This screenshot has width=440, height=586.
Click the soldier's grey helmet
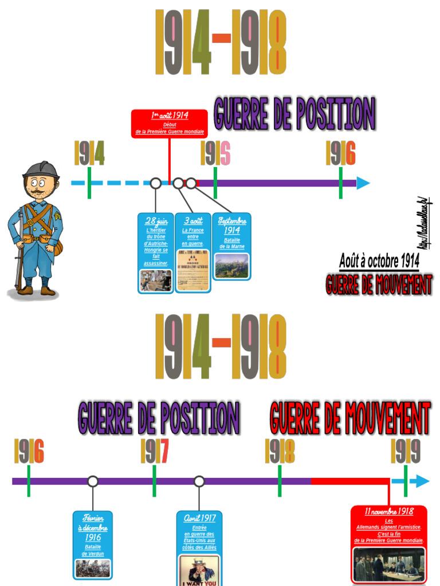click(x=41, y=169)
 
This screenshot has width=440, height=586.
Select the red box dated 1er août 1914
click(x=170, y=124)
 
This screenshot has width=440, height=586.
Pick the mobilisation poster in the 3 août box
click(x=192, y=270)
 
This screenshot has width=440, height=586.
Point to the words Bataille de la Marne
click(x=232, y=243)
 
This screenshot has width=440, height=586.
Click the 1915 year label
click(x=215, y=153)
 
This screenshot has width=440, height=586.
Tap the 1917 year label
click(x=155, y=452)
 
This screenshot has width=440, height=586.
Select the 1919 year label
click(x=406, y=452)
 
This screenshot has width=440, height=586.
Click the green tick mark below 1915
click(x=215, y=183)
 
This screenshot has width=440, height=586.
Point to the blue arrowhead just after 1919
click(x=422, y=481)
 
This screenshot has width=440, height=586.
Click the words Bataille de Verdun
click(x=93, y=550)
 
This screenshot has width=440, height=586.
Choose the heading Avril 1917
click(x=199, y=517)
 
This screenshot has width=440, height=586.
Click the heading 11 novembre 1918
click(x=389, y=511)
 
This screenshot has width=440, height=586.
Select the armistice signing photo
click(x=389, y=564)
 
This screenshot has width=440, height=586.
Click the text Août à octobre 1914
click(x=379, y=262)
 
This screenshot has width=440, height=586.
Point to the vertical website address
click(x=425, y=223)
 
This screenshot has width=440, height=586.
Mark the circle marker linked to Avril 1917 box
click(x=199, y=481)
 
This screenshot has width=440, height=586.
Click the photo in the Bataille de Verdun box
click(x=93, y=568)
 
